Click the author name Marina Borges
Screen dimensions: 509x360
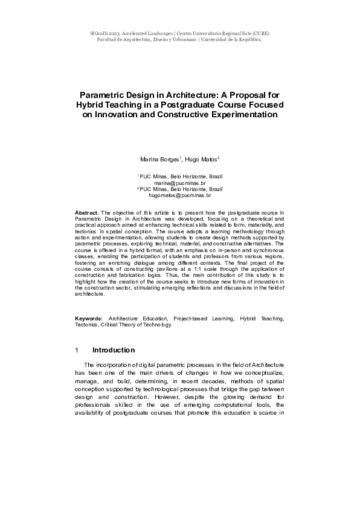pyautogui.click(x=159, y=160)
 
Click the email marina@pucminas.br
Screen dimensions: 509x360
pyautogui.click(x=180, y=182)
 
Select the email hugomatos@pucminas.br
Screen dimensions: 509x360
pyautogui.click(x=180, y=195)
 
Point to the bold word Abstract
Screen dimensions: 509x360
pyautogui.click(x=87, y=213)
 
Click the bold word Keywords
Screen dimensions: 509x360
pyautogui.click(x=89, y=317)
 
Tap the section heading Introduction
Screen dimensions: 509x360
pyautogui.click(x=113, y=350)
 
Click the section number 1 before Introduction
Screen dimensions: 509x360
pyautogui.click(x=77, y=350)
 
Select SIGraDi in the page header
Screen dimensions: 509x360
pyautogui.click(x=100, y=33)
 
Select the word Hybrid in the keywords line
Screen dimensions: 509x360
pyautogui.click(x=248, y=317)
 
